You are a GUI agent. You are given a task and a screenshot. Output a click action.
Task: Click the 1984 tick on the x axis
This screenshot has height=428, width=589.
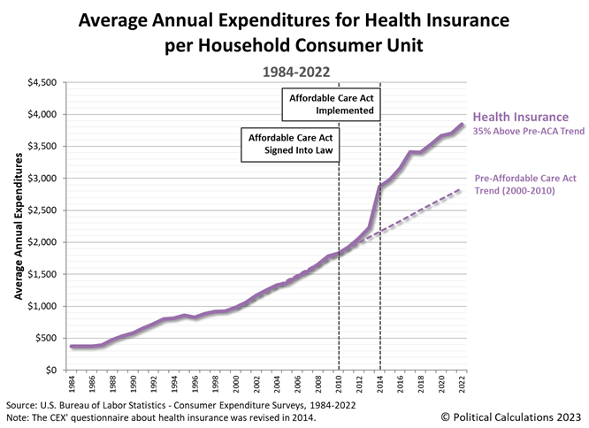click(x=71, y=386)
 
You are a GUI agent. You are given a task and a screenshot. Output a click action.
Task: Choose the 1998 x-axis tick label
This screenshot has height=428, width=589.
click(x=216, y=386)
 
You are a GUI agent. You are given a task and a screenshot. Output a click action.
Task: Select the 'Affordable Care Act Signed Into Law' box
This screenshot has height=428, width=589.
click(x=289, y=145)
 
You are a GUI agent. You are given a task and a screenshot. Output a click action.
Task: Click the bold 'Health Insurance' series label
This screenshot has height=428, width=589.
click(x=520, y=117)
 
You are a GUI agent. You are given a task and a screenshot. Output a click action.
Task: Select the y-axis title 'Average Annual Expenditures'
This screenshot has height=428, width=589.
click(x=17, y=225)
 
